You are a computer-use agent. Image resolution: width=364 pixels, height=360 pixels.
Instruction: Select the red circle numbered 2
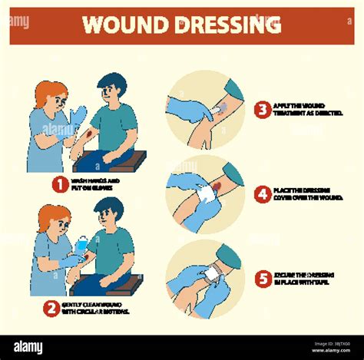51,308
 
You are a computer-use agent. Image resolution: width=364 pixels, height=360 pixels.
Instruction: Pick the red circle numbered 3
263,109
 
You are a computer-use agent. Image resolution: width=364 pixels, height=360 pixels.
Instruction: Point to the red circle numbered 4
263,194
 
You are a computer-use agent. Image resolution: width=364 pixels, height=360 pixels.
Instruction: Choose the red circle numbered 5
263,279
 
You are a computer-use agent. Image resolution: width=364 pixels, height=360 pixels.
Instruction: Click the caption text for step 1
96,184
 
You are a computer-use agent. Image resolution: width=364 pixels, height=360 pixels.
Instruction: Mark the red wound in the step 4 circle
218,187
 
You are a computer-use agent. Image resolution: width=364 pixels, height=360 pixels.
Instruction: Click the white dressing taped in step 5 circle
211,273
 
